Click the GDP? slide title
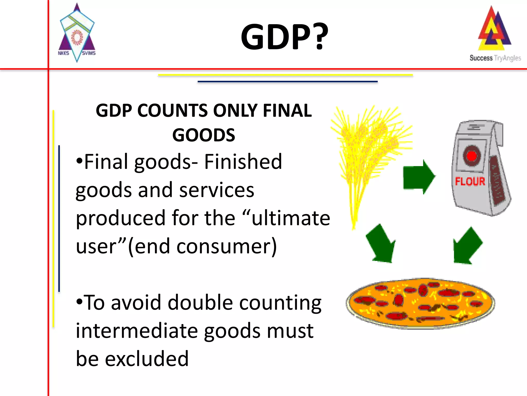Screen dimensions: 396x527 coord(284,37)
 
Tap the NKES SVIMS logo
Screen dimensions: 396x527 coord(77,34)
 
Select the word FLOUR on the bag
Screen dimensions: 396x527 coord(470,181)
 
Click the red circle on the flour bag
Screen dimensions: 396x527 coord(472,156)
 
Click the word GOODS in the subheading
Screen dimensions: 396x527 coord(204,135)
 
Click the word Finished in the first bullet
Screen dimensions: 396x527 coord(243,162)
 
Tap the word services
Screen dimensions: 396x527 coord(217,190)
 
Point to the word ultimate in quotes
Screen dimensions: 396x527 coord(291,218)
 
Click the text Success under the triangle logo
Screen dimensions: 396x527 coord(481,58)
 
